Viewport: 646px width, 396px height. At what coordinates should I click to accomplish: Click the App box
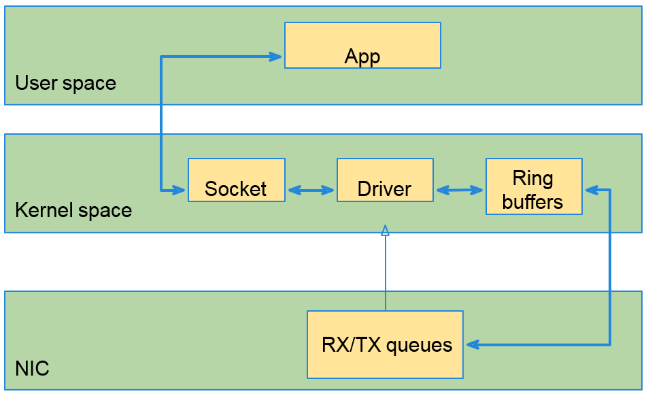point(362,45)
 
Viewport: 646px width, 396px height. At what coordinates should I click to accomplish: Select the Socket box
point(236,180)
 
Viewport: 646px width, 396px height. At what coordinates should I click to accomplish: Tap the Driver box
point(385,180)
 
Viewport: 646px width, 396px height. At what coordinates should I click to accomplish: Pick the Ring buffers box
point(534,186)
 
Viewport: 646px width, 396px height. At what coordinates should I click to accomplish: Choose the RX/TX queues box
point(385,344)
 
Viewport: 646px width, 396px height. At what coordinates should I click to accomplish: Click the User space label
point(65,83)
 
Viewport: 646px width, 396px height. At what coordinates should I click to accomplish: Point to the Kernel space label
point(73,210)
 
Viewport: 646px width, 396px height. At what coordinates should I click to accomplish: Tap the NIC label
point(32,369)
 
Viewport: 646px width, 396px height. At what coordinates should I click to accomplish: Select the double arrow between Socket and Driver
point(311,191)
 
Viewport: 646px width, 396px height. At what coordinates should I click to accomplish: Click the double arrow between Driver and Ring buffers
point(460,191)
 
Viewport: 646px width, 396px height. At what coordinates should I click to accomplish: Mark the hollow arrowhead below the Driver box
point(385,230)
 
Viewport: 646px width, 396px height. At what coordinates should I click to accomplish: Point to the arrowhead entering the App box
point(275,56)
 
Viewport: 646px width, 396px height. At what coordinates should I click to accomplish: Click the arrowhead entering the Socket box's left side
point(180,189)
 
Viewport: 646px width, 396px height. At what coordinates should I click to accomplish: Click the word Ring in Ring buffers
point(533,178)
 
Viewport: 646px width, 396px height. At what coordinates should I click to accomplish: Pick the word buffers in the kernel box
point(534,201)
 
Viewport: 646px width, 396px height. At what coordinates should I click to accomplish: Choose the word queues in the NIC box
point(419,345)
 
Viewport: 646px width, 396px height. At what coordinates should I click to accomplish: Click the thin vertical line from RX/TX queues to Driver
point(385,272)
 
